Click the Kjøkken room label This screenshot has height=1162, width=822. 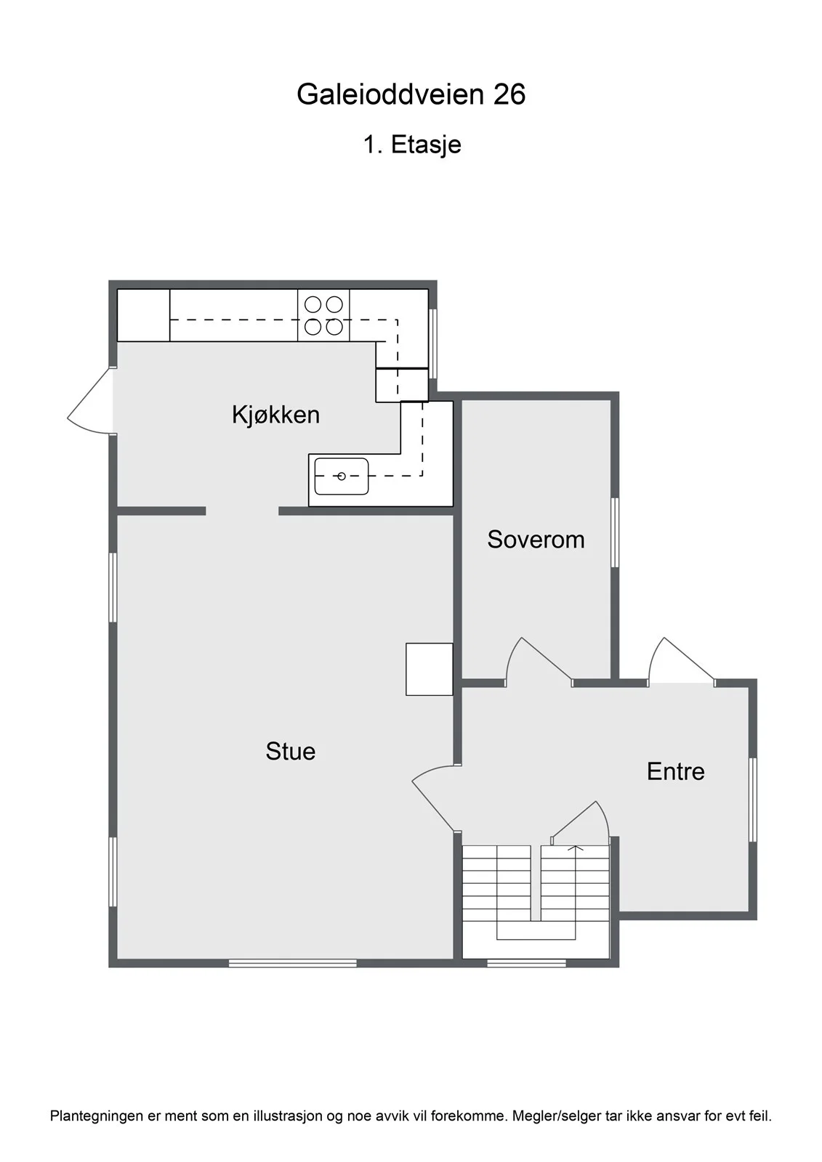pyautogui.click(x=275, y=415)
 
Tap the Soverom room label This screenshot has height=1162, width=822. pyautogui.click(x=536, y=540)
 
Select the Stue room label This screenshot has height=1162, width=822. pyautogui.click(x=290, y=751)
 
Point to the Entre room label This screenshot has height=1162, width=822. pyautogui.click(x=676, y=772)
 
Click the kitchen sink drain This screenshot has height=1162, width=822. pyautogui.click(x=341, y=476)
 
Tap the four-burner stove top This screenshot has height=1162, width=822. pyautogui.click(x=323, y=315)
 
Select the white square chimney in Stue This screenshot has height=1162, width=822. pyautogui.click(x=429, y=669)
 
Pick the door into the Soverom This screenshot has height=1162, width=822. pyautogui.click(x=539, y=662)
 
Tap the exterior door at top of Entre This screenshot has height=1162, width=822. pyautogui.click(x=681, y=662)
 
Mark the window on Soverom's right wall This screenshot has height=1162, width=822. pyautogui.click(x=615, y=533)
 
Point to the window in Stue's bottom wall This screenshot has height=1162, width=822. pyautogui.click(x=293, y=963)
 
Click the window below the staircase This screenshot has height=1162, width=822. pyautogui.click(x=526, y=963)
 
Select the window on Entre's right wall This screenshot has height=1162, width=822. pyautogui.click(x=752, y=800)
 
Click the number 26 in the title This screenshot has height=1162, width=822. pyautogui.click(x=509, y=94)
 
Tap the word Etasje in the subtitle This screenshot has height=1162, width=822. pyautogui.click(x=426, y=145)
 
